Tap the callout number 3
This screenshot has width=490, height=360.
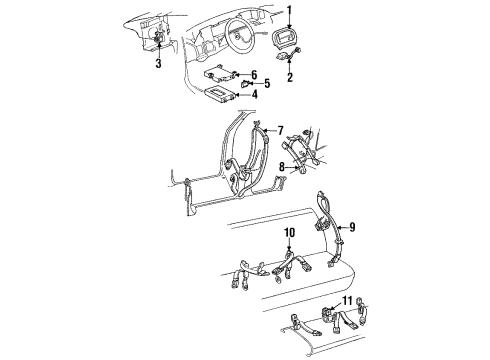click(158, 66)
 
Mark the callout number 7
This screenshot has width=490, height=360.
click(281, 130)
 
